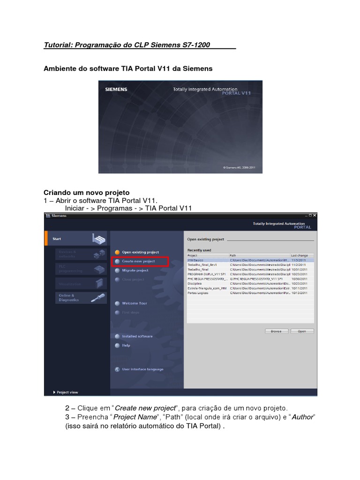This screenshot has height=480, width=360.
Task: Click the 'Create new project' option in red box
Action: (x=139, y=261)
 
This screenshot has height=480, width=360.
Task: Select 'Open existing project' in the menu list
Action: (x=140, y=252)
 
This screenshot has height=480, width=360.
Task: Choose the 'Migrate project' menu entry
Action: (x=135, y=270)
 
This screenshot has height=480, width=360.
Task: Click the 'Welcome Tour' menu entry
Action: (x=134, y=303)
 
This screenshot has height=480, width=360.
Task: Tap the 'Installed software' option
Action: (x=137, y=336)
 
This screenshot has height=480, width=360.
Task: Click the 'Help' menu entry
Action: (x=126, y=345)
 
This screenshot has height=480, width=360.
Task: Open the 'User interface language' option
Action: (x=142, y=369)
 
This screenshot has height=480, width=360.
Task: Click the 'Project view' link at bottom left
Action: (x=67, y=392)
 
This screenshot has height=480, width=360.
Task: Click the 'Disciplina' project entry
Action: (x=195, y=283)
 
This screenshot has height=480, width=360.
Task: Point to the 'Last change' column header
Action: (x=300, y=255)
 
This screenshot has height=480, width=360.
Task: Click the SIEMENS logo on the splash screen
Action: (x=116, y=89)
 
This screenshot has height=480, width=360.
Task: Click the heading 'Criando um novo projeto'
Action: (x=86, y=193)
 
